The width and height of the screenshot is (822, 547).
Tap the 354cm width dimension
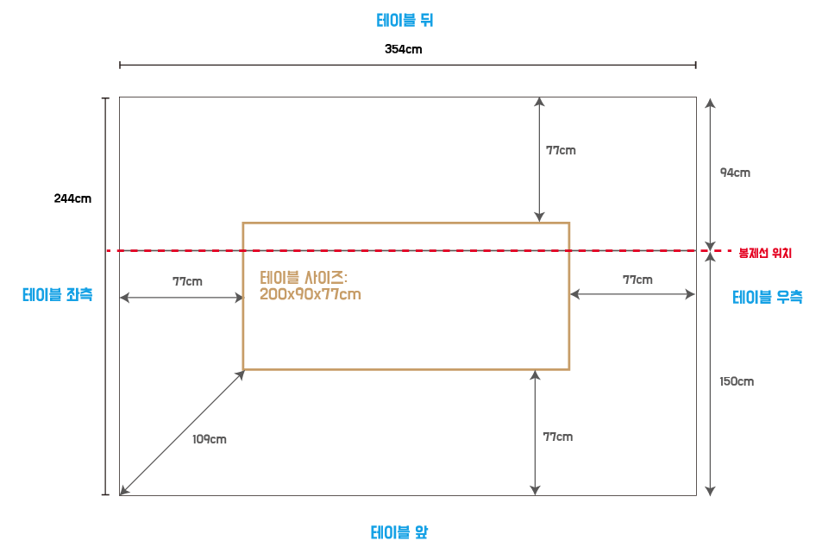[403, 49]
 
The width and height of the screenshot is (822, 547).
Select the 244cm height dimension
[72, 198]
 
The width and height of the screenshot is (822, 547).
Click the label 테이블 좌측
[57, 294]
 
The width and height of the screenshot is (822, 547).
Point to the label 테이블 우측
[767, 297]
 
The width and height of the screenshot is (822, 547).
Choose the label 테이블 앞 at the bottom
[399, 531]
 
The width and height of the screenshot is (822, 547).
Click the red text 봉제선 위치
[764, 253]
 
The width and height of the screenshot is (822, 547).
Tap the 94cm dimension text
[735, 173]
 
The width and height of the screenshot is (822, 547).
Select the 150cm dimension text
[737, 381]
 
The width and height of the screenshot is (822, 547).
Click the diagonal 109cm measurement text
[210, 439]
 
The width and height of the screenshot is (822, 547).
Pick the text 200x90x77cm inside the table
[310, 294]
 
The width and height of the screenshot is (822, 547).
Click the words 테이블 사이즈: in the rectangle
[303, 278]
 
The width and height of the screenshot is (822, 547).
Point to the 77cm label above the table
[561, 150]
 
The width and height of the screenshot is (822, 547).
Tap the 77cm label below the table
[557, 437]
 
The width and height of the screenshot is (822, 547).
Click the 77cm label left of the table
[187, 281]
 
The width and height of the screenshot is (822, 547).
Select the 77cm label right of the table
[637, 280]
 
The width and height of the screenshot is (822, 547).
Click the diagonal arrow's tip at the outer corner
[122, 494]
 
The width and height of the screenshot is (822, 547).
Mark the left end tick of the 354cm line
[120, 65]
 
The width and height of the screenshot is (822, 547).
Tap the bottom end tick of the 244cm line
[105, 495]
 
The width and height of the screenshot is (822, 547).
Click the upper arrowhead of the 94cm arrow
[710, 101]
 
